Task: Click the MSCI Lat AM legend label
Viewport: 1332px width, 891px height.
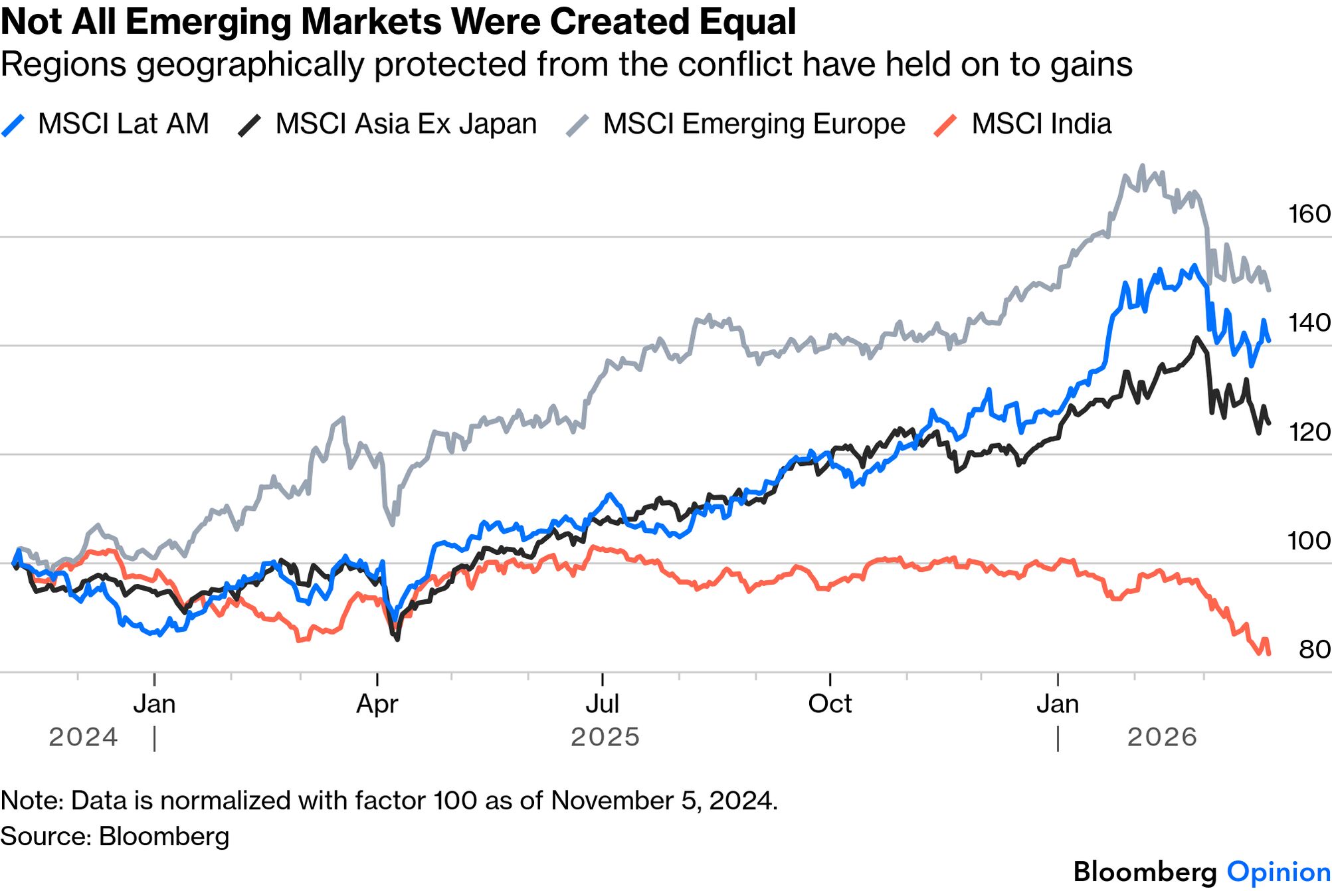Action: click(x=123, y=124)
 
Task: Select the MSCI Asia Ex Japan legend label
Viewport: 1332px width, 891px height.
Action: click(x=406, y=124)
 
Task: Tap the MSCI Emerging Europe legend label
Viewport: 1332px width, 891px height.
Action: click(x=754, y=124)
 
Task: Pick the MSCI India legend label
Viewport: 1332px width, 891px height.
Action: click(x=1041, y=124)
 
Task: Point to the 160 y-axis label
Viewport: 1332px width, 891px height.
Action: click(x=1309, y=214)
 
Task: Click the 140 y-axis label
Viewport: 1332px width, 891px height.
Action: click(x=1309, y=323)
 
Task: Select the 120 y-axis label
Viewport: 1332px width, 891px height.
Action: click(x=1309, y=433)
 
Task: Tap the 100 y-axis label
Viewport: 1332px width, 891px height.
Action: click(x=1309, y=541)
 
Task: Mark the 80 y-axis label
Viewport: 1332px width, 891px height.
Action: click(x=1314, y=650)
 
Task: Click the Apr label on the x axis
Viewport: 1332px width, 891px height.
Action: click(x=377, y=704)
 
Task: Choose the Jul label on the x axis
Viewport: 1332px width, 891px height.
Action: click(x=602, y=704)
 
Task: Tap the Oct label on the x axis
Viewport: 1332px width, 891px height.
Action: click(x=830, y=704)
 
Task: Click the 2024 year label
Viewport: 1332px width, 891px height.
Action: click(x=83, y=737)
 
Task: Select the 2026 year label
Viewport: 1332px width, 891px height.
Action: click(x=1162, y=737)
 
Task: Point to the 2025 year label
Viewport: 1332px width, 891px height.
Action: click(x=605, y=737)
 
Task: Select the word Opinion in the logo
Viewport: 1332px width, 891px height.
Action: click(x=1278, y=872)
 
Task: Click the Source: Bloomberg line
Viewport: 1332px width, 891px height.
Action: click(x=115, y=836)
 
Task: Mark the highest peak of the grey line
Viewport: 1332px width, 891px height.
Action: click(x=1142, y=166)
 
